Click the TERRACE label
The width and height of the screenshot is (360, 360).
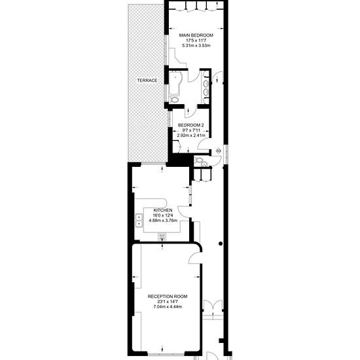click(147, 80)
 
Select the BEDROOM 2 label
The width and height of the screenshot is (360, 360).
click(191, 124)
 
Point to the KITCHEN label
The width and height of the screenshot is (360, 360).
click(163, 210)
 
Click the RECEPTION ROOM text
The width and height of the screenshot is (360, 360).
click(167, 295)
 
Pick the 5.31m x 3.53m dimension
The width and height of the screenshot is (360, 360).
click(196, 45)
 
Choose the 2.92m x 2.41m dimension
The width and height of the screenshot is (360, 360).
click(191, 135)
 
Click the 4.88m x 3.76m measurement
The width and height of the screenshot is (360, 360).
click(163, 221)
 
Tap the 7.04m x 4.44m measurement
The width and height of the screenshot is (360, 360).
click(167, 306)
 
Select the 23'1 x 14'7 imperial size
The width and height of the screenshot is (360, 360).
click(167, 301)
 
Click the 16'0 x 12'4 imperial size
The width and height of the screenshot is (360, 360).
click(163, 215)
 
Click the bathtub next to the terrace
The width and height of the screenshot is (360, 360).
click(177, 84)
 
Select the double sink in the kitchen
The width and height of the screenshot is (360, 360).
click(140, 221)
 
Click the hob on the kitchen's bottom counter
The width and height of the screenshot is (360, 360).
click(163, 236)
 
